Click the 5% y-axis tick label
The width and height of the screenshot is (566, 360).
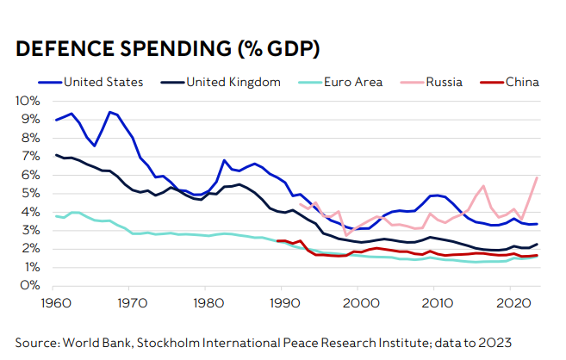(30, 193)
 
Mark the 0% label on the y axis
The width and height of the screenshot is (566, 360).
(30, 285)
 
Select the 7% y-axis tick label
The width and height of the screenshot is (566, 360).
(30, 156)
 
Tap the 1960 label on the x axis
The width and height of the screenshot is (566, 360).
(55, 302)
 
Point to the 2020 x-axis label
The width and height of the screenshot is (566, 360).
(514, 302)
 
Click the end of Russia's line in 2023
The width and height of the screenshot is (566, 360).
(538, 177)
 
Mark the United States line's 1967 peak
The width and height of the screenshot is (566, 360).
(109, 112)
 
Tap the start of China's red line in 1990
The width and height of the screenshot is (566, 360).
(277, 241)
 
